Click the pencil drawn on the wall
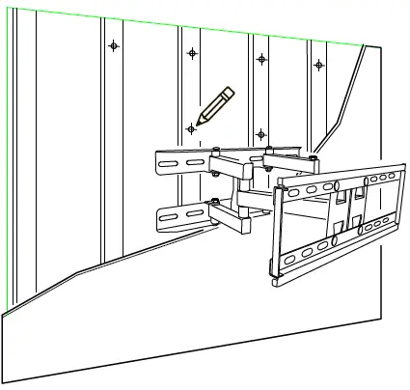click(215, 104)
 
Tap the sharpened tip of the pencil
click(199, 122)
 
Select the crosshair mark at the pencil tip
click(191, 128)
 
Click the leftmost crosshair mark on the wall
click(114, 45)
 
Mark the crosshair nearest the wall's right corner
click(319, 65)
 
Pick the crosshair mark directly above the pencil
click(193, 52)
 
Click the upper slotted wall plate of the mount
click(178, 161)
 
